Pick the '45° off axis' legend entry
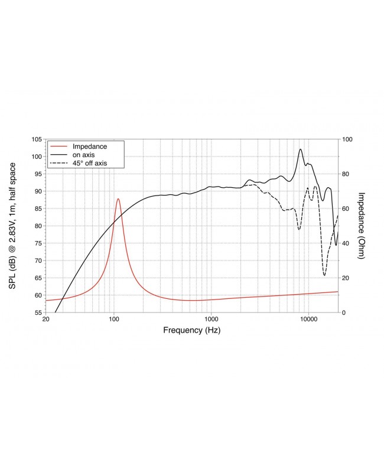click(90, 162)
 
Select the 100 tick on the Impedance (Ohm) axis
click(348, 139)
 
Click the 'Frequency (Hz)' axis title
click(191, 331)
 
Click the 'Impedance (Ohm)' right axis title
click(362, 226)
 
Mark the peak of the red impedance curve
click(118, 199)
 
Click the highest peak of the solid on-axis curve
click(301, 149)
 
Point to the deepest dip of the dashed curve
click(324, 275)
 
